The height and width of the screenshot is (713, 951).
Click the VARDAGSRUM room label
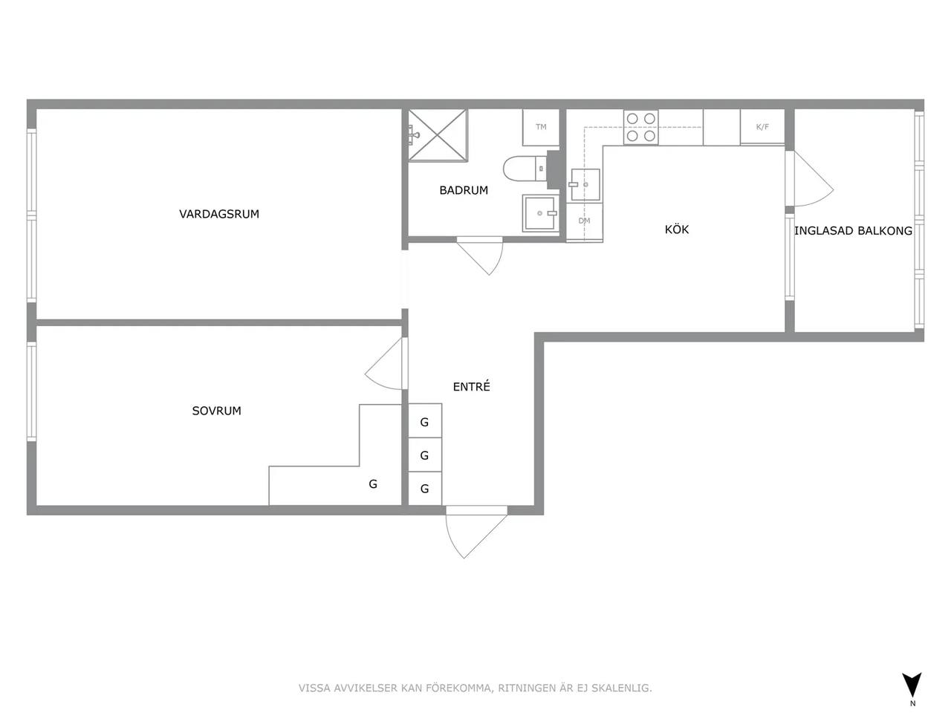[219, 214]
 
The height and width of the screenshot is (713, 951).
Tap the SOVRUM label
[217, 411]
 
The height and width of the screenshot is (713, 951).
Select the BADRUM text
[464, 190]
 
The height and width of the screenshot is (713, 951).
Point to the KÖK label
[677, 229]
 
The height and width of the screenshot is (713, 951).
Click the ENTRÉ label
[471, 386]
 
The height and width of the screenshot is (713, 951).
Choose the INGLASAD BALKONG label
[853, 231]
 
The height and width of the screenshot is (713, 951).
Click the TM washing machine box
[541, 127]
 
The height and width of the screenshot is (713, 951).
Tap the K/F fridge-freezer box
[762, 126]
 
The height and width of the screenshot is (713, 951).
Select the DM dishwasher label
[584, 221]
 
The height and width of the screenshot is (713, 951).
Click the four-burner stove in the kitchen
[640, 127]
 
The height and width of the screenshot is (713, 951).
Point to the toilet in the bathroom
[525, 169]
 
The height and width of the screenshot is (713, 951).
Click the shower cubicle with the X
[438, 135]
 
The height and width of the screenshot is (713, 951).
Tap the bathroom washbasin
[541, 213]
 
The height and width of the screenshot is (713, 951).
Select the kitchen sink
[585, 185]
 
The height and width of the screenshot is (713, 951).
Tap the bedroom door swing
[384, 365]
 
